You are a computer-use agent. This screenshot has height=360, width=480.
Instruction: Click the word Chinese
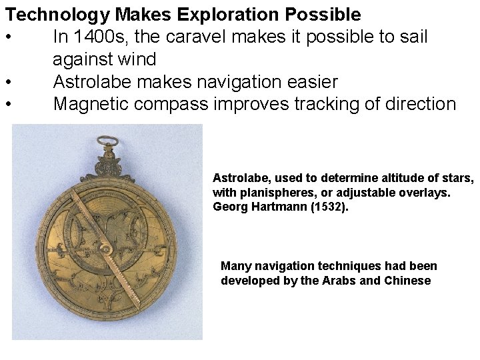point(408,281)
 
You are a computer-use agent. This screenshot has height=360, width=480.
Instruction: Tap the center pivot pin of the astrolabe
point(105,247)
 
